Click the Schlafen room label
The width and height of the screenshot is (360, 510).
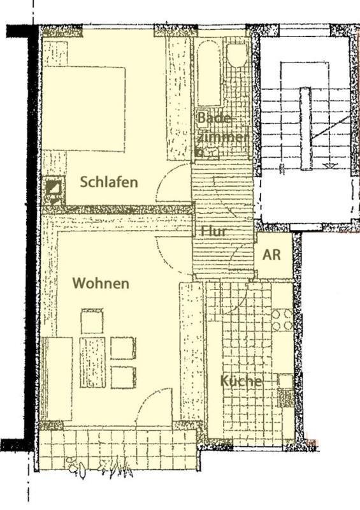[109, 182]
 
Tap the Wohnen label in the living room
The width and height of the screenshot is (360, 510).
[101, 283]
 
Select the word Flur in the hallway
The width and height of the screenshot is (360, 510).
[213, 231]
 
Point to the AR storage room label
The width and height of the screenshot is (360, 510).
[271, 254]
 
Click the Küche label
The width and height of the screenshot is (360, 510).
[241, 381]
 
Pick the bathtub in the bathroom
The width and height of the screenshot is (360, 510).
[208, 73]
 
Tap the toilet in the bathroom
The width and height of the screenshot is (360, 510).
[237, 55]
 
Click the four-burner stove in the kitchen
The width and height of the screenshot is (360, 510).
[282, 320]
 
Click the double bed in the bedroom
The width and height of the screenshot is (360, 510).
[84, 109]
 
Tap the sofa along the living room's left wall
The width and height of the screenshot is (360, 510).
[57, 379]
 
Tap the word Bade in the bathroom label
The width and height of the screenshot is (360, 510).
[213, 117]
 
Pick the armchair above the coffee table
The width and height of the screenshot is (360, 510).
[92, 321]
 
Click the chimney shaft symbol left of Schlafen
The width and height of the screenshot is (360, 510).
[54, 190]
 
